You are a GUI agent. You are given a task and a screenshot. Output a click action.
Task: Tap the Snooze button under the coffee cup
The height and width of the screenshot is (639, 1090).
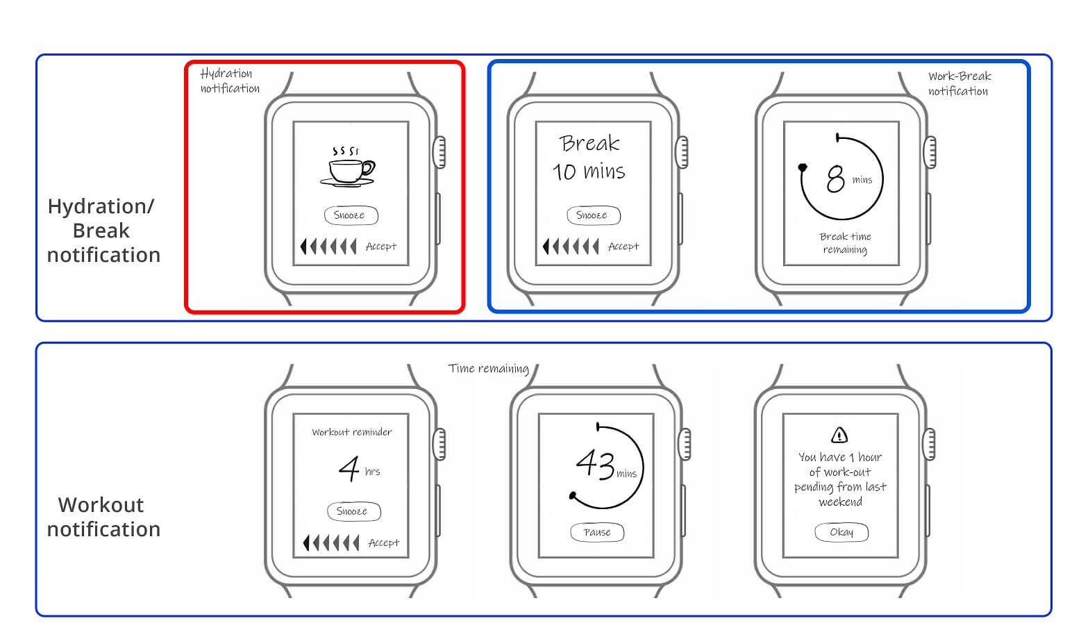(x=351, y=215)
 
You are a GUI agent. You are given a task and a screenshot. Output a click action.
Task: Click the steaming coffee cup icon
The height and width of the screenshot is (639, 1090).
(x=347, y=167)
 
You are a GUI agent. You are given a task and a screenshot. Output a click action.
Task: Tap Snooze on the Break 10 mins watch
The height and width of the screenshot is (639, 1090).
(x=593, y=215)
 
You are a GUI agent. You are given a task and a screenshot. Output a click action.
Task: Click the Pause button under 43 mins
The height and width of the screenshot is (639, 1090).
(x=597, y=532)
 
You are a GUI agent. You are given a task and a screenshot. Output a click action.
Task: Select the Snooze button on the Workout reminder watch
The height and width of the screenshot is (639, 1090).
(x=354, y=511)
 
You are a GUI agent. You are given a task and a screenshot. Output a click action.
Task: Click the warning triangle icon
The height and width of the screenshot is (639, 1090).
(x=839, y=435)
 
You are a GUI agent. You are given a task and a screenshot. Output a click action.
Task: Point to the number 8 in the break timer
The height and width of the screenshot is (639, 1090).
(x=835, y=179)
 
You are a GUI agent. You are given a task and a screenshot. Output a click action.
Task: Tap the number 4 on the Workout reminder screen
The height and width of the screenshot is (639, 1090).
(x=349, y=468)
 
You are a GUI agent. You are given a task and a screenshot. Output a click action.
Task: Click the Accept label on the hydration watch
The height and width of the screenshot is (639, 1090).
(x=381, y=247)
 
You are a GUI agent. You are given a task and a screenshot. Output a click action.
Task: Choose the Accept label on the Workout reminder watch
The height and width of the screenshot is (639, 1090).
(x=384, y=542)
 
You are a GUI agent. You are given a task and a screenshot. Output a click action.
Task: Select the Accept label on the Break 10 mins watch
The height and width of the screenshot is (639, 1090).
(x=623, y=247)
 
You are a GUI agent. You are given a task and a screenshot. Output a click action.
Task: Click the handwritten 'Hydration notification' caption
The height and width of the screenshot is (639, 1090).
(x=230, y=81)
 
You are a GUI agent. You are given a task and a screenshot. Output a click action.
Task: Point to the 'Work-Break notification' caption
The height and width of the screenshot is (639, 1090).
(x=959, y=83)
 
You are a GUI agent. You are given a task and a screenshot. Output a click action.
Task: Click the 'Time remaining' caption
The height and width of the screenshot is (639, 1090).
(x=489, y=368)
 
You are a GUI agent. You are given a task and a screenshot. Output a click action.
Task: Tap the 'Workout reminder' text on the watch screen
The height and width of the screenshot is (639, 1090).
(x=351, y=432)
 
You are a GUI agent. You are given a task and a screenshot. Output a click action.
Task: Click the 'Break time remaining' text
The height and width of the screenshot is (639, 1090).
(x=845, y=243)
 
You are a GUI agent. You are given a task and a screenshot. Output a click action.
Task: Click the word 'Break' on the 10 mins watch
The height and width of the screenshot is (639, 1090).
(x=589, y=143)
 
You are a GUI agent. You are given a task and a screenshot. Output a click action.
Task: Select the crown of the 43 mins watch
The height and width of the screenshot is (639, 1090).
(x=685, y=444)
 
